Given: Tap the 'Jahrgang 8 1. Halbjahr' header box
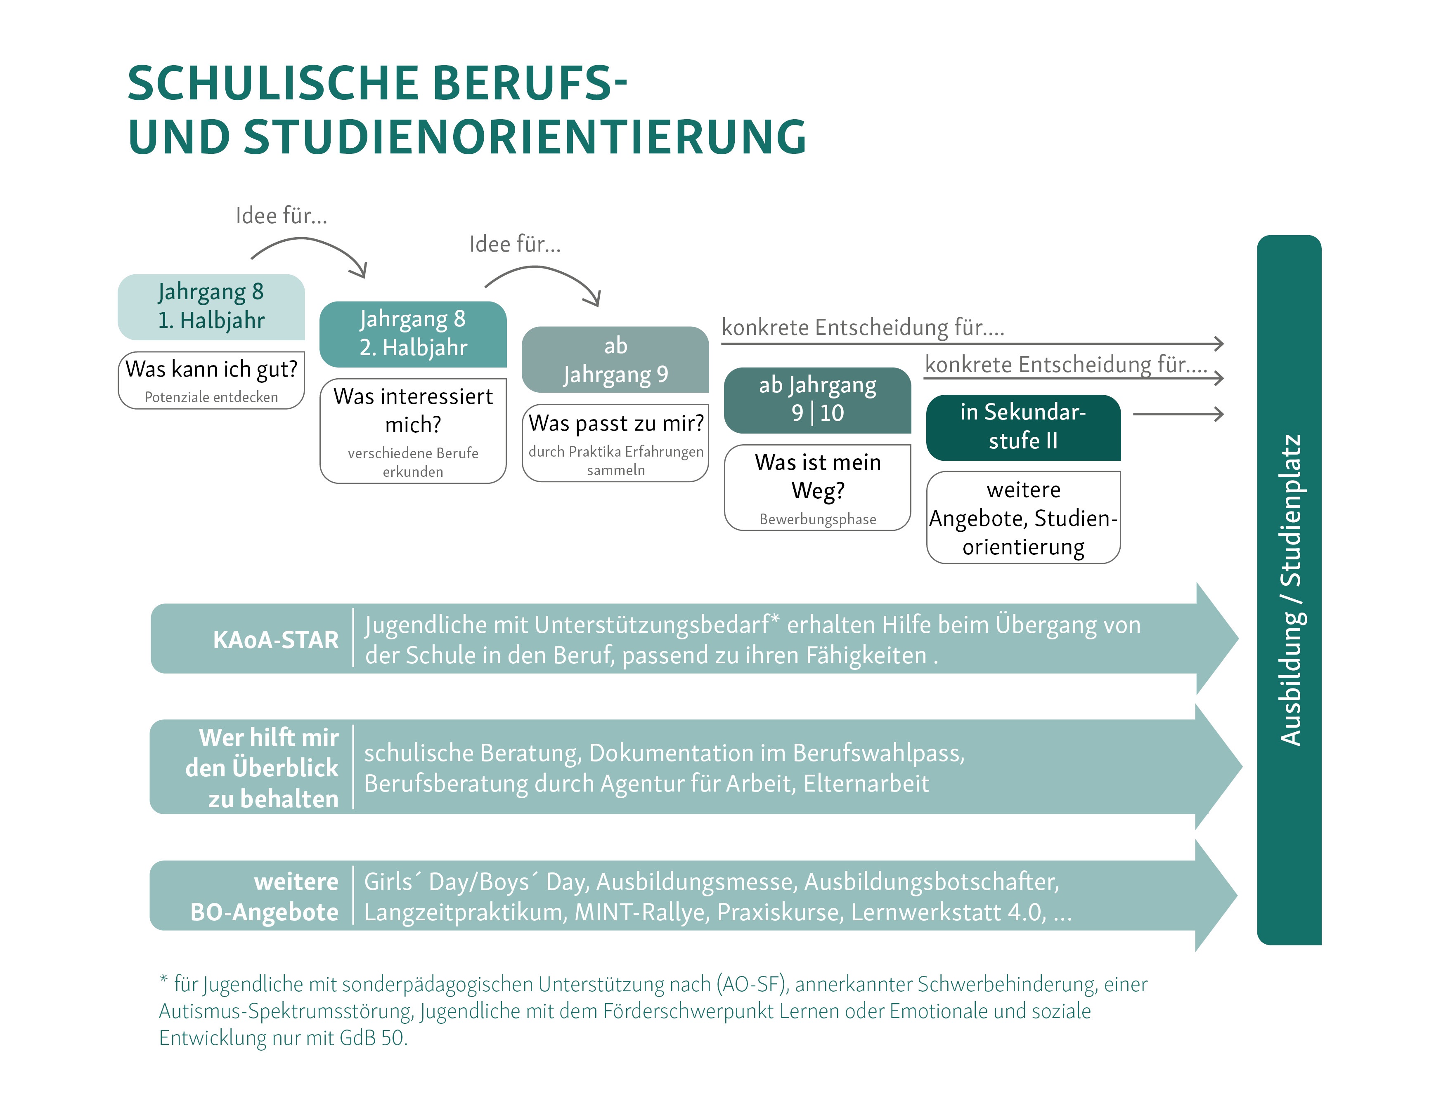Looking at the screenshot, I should pos(211,306).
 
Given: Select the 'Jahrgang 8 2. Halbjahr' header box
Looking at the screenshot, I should pos(412,334).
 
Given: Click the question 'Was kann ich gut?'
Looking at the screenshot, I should pos(211,369).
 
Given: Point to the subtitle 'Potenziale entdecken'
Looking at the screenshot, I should pos(211,397).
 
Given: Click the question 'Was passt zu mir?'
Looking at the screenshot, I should pos(615,423).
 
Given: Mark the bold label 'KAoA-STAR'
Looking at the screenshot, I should pos(276,639).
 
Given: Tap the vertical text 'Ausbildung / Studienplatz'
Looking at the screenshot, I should pos(1289,589).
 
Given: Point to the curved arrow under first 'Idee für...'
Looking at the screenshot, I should pos(308,252).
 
